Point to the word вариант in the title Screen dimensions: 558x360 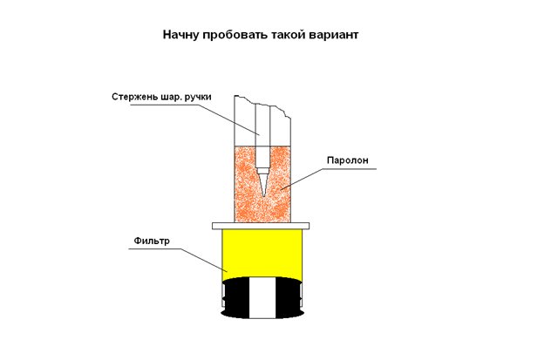(x=333, y=35)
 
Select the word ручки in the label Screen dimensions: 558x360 (x=198, y=97)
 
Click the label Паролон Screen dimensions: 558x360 (x=347, y=160)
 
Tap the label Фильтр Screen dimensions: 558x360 (x=152, y=241)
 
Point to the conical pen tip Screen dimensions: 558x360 (x=263, y=183)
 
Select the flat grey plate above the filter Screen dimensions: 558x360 (x=261, y=226)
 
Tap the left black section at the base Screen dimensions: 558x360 (x=235, y=298)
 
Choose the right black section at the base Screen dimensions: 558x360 (x=289, y=298)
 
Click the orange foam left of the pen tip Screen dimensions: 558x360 (x=245, y=184)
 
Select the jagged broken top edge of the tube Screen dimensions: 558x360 (x=263, y=105)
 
